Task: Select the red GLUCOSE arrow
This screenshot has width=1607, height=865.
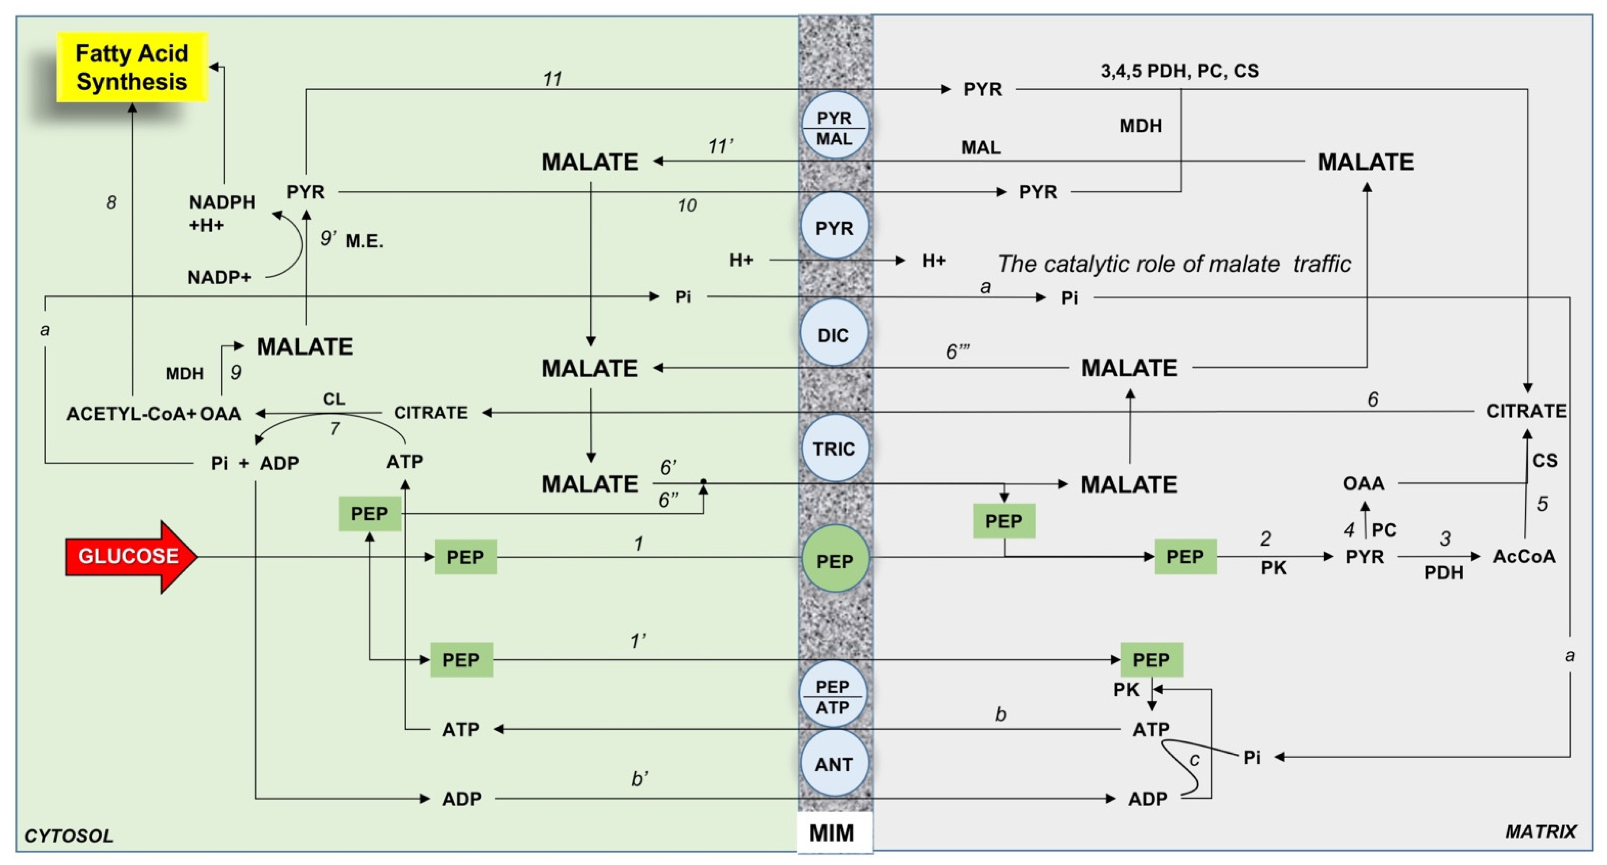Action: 131,556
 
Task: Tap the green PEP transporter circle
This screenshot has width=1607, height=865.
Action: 835,561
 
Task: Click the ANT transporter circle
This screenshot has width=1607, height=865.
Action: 834,763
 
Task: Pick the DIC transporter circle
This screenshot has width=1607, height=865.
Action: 833,335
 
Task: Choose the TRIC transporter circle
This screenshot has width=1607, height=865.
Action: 834,448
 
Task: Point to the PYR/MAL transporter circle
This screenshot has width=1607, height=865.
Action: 835,127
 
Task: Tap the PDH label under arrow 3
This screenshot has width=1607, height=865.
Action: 1444,573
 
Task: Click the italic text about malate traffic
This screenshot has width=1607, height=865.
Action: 1174,264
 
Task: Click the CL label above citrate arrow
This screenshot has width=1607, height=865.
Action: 334,398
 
